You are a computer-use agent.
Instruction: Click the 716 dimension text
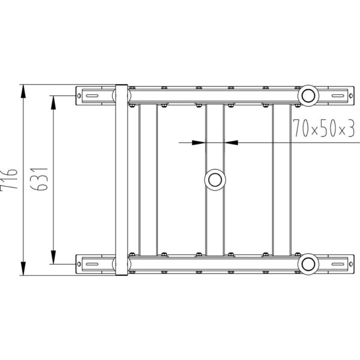pos(9,179)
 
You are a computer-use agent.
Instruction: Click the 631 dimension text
pos(39,179)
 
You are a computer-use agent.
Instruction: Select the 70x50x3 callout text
pos(324,128)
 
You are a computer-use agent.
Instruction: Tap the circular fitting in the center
pos(215,180)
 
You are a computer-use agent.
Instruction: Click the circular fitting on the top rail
pos(308,96)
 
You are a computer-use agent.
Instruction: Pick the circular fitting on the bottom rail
pos(308,264)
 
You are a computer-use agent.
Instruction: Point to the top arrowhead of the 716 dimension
pos(23,91)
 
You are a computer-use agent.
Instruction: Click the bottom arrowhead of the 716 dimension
pos(23,268)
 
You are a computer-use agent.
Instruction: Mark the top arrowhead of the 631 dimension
pos(53,103)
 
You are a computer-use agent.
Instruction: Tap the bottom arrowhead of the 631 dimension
pos(53,257)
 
